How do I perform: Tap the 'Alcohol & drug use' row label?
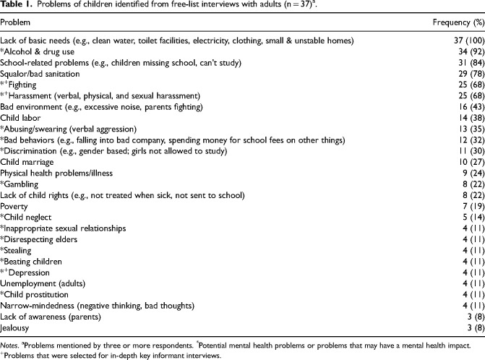[38, 52]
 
